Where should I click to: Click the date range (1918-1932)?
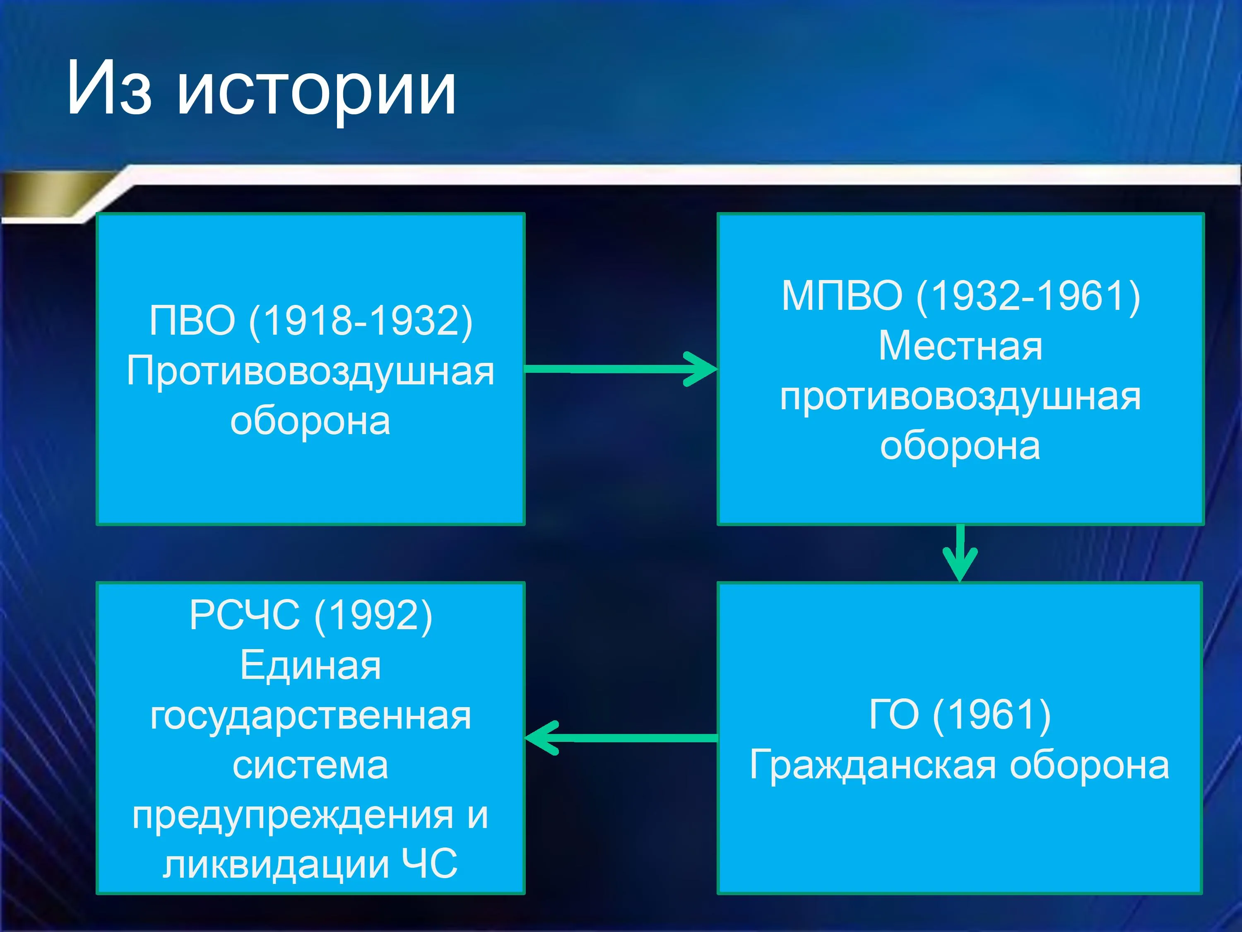[361, 321]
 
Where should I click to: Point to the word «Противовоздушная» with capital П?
[310, 372]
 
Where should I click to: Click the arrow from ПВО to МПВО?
[621, 369]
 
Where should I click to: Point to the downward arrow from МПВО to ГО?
[960, 553]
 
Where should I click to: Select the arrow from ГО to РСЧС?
[621, 738]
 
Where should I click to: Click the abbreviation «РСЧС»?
[244, 615]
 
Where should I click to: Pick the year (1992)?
[373, 616]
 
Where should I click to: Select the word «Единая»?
[310, 666]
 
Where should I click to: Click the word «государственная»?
[310, 716]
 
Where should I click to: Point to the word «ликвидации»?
[276, 866]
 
